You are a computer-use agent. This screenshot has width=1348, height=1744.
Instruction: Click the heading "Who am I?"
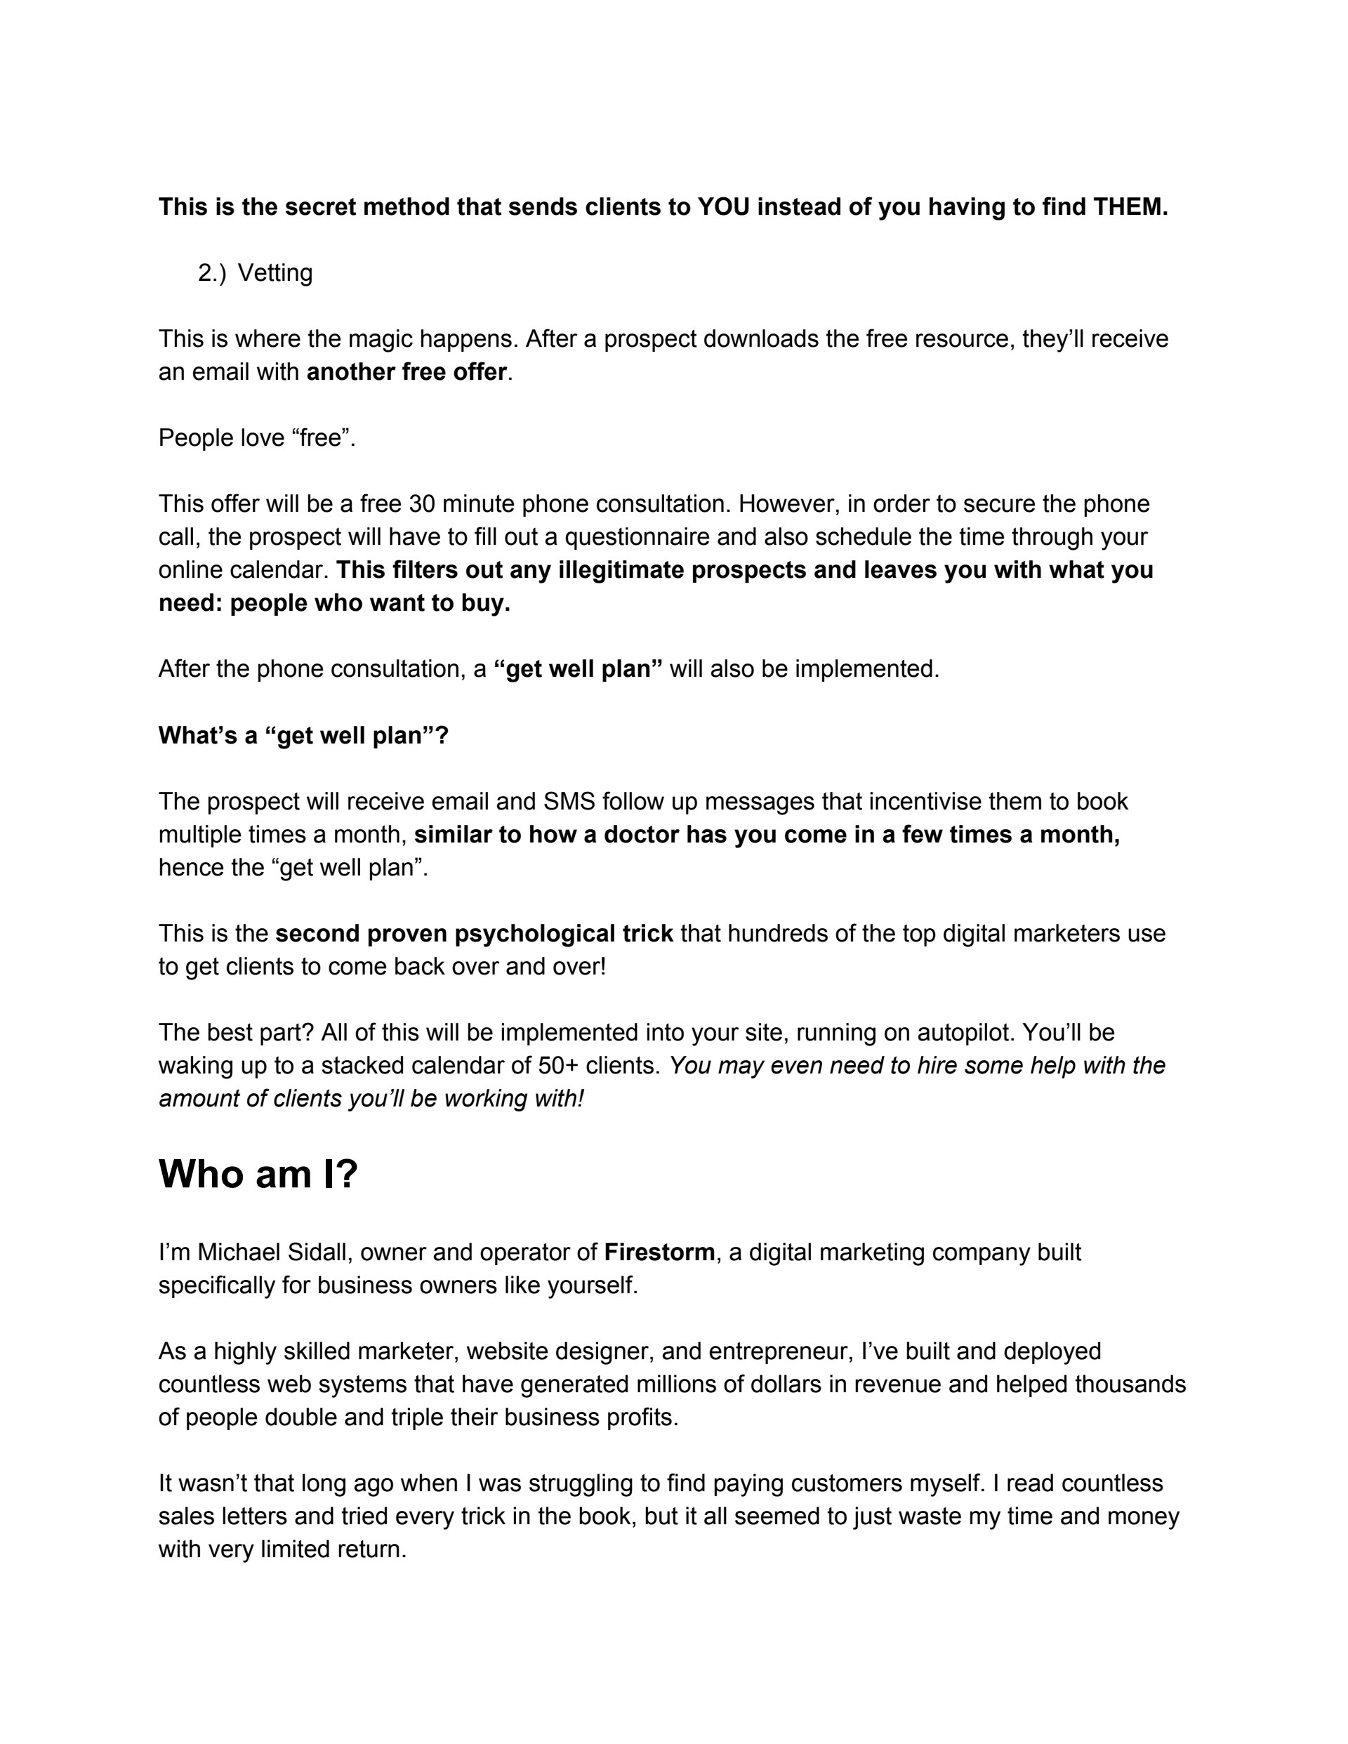[258, 1175]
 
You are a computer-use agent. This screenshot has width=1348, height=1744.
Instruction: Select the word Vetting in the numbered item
[275, 273]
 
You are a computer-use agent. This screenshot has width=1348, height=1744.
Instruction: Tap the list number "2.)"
[211, 273]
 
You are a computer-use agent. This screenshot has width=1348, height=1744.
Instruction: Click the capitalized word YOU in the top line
[724, 207]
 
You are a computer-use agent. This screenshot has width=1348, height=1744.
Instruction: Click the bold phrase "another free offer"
[407, 372]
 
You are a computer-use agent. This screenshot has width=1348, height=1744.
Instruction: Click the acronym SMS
[569, 801]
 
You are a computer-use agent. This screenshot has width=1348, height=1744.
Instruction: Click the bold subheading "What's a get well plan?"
[303, 736]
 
